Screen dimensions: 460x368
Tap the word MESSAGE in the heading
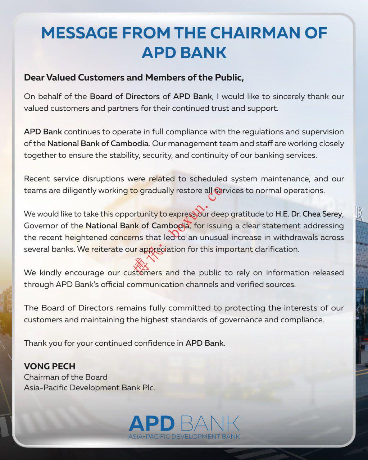(x=79, y=33)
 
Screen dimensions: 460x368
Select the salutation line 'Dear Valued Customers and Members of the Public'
(x=134, y=78)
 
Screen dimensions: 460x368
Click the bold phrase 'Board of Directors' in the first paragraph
(x=124, y=96)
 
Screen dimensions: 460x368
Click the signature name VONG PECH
(x=50, y=366)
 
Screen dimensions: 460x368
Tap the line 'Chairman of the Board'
(x=66, y=377)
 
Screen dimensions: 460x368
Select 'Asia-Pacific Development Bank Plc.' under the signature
(x=90, y=388)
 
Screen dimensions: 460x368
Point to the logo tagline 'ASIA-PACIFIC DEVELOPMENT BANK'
(x=184, y=436)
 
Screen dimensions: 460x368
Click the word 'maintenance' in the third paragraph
(x=284, y=179)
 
